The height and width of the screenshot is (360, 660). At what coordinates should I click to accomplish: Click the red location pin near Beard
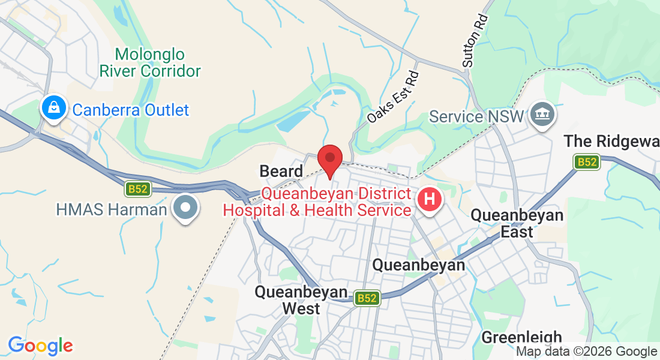pyautogui.click(x=330, y=160)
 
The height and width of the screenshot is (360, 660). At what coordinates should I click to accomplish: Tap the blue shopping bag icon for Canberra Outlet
pyautogui.click(x=54, y=109)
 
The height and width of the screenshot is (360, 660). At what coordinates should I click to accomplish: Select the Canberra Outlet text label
pyautogui.click(x=130, y=110)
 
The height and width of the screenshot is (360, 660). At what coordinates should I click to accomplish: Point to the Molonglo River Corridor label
pyautogui.click(x=150, y=62)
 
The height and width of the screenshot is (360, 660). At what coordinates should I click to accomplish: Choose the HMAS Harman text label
pyautogui.click(x=111, y=209)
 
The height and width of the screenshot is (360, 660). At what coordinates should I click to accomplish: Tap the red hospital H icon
pyautogui.click(x=430, y=199)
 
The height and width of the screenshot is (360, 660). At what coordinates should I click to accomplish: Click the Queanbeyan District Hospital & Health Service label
pyautogui.click(x=317, y=202)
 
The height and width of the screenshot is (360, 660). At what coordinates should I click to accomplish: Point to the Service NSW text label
pyautogui.click(x=477, y=116)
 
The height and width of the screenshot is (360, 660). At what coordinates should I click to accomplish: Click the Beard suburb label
pyautogui.click(x=281, y=171)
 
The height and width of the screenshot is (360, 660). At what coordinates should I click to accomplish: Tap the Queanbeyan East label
pyautogui.click(x=517, y=223)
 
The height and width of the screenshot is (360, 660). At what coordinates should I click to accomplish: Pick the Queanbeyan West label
pyautogui.click(x=301, y=300)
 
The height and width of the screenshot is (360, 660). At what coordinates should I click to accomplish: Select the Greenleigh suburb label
pyautogui.click(x=521, y=337)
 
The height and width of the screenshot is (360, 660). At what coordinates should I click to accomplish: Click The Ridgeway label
pyautogui.click(x=611, y=141)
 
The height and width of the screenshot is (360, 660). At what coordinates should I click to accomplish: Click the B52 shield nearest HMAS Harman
pyautogui.click(x=138, y=190)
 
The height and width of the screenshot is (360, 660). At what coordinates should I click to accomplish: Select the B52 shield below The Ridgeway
pyautogui.click(x=587, y=162)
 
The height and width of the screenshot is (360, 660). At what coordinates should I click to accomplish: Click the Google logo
pyautogui.click(x=40, y=346)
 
